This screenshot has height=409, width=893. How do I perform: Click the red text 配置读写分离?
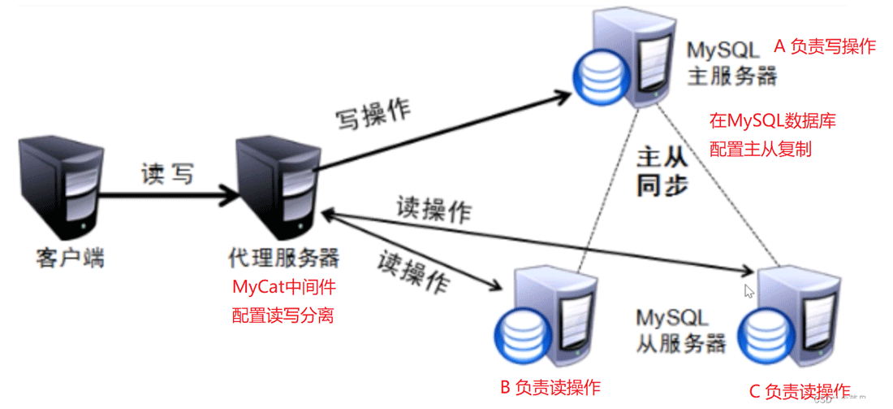point(283,315)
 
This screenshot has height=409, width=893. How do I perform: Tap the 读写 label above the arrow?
point(167,173)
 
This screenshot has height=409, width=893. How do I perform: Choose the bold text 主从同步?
point(662,170)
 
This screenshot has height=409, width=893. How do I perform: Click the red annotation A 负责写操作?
point(824,46)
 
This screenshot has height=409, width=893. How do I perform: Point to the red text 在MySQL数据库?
point(772,122)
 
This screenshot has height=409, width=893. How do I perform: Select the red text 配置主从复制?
point(761,149)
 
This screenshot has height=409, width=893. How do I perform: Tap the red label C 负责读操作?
point(800,390)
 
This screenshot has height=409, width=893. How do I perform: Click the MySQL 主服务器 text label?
point(731,63)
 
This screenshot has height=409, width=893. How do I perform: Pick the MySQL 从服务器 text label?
point(680,329)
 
